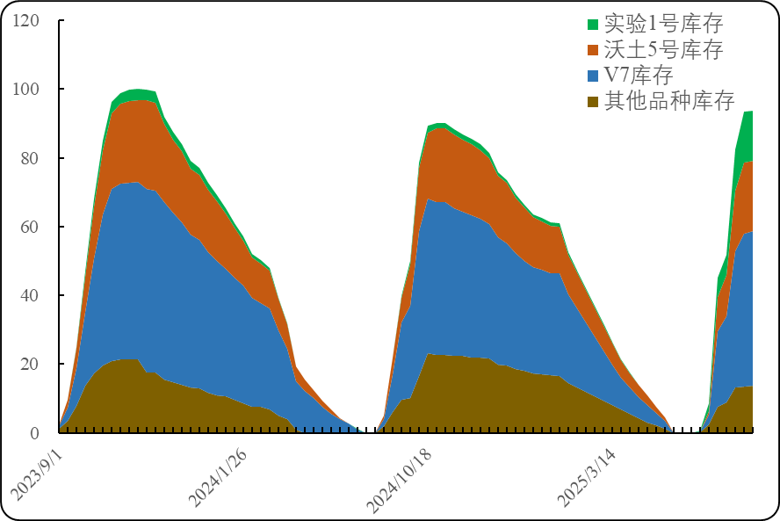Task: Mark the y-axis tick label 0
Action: tap(34, 432)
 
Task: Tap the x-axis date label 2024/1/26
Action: tap(218, 481)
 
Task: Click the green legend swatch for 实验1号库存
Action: tap(593, 24)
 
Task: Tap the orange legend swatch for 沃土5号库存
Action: tap(593, 49)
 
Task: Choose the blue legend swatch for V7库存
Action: tap(593, 75)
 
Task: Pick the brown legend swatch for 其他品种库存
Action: tap(593, 100)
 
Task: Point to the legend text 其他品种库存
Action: tap(669, 100)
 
